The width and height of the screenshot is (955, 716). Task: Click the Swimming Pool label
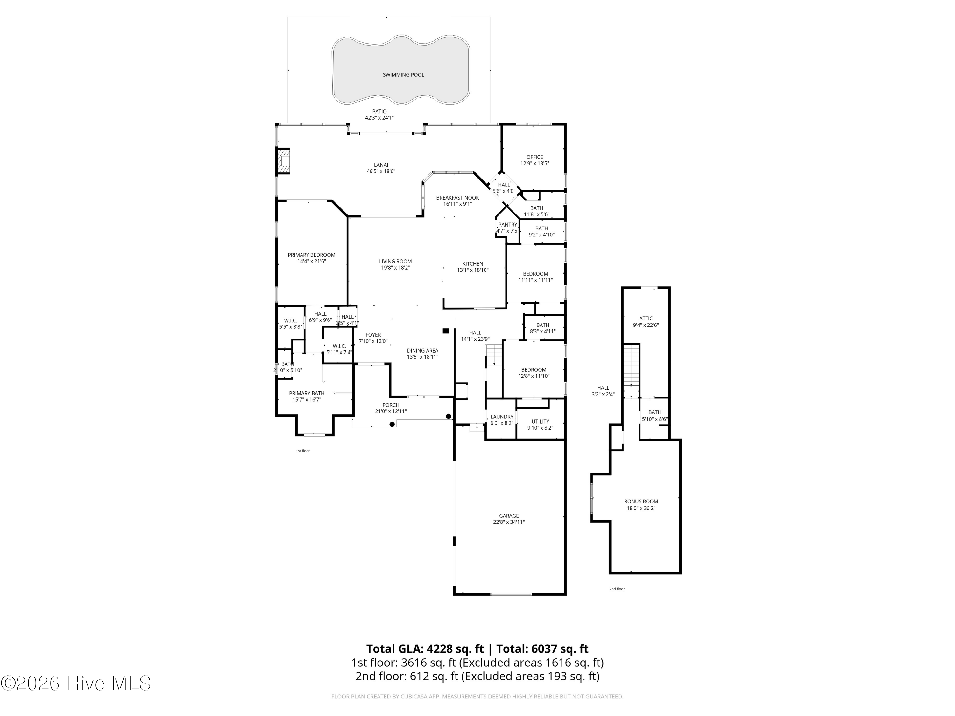pos(403,75)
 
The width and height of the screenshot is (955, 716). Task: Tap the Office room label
pos(534,157)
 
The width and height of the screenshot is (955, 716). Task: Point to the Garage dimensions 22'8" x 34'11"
pos(509,522)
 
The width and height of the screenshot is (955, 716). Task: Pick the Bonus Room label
pos(641,502)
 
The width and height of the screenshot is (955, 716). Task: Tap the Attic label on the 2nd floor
pos(646,319)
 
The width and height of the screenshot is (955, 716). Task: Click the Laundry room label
pos(502,417)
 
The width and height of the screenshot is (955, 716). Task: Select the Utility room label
pos(540,422)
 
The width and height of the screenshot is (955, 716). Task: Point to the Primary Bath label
pos(307,393)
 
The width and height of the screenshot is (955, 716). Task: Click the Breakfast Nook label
pos(458,198)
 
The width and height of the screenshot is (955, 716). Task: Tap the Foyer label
pos(373,335)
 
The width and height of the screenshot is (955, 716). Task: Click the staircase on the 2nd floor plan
pos(631,365)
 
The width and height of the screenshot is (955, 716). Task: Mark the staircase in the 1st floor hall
pos(494,355)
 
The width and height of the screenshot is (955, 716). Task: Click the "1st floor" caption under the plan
pos(303,451)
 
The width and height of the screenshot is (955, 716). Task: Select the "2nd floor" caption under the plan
pos(617,589)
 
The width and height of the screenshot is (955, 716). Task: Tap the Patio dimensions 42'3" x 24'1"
pos(379,118)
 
